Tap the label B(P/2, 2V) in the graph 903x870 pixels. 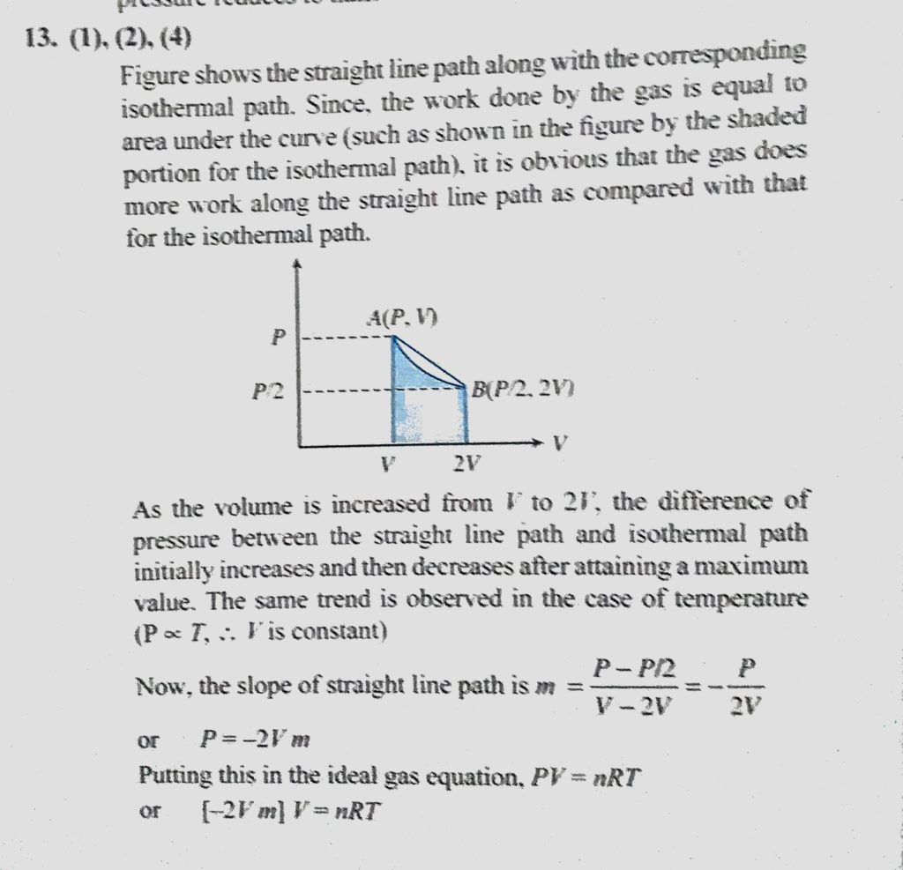click(x=524, y=388)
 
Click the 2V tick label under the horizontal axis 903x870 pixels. click(x=466, y=463)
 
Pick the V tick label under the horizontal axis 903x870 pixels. click(x=389, y=462)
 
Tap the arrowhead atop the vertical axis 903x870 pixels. click(x=300, y=264)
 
